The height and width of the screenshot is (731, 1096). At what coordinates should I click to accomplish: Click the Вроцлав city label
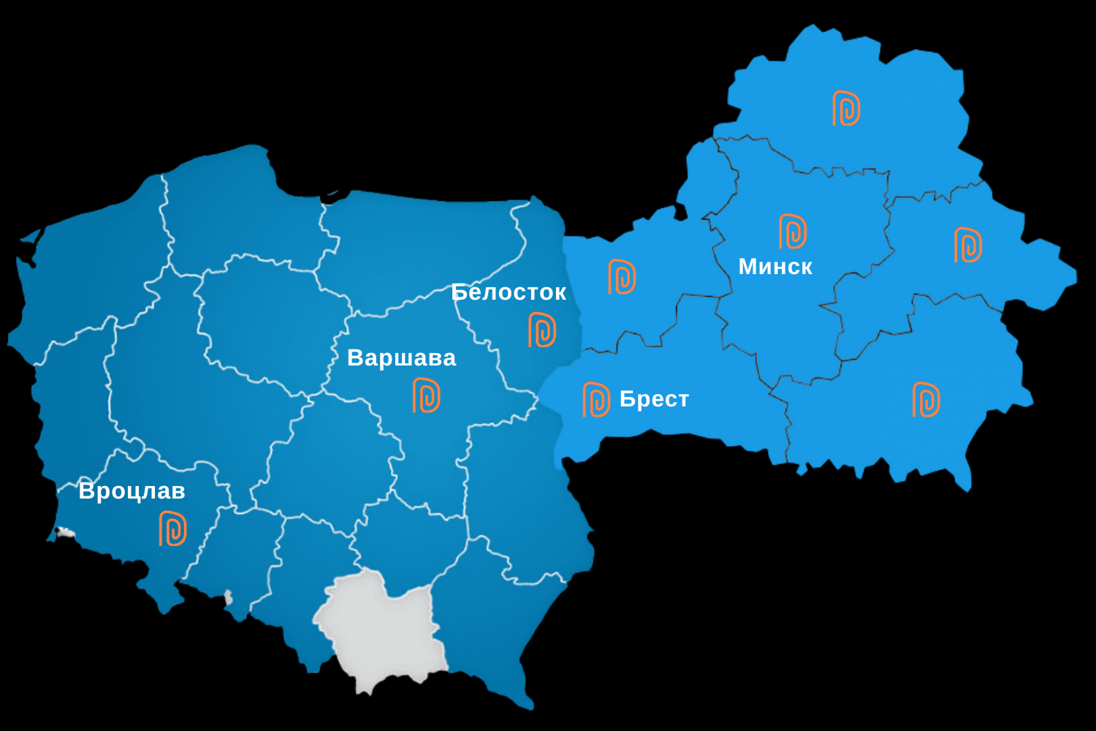(x=132, y=491)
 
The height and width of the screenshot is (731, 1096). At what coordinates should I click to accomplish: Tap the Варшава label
(x=401, y=357)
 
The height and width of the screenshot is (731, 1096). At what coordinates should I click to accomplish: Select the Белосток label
(x=509, y=292)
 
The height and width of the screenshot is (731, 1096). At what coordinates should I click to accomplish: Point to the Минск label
(x=775, y=266)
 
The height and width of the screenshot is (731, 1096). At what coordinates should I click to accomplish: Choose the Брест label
(x=654, y=399)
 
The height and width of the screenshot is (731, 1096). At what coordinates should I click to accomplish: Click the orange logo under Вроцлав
(x=173, y=529)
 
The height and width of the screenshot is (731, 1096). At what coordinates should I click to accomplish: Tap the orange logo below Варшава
(x=427, y=395)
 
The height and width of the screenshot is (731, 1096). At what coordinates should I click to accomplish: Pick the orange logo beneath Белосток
(x=542, y=330)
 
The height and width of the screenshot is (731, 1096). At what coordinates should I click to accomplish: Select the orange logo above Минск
(x=793, y=231)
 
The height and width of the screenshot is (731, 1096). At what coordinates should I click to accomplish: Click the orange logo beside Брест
(x=596, y=399)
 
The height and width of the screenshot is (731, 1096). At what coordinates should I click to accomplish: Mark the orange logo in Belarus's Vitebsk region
(x=846, y=108)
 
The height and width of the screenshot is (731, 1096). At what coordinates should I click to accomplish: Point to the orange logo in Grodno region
(x=622, y=276)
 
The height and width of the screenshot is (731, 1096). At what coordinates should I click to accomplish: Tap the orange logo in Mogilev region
(x=968, y=245)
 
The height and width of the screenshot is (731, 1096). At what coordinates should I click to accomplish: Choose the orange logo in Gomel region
(x=926, y=399)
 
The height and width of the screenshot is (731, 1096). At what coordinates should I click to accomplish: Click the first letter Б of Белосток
(x=459, y=292)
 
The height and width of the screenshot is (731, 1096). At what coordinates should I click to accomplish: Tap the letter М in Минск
(x=747, y=266)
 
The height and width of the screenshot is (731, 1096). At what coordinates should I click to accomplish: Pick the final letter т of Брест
(x=682, y=400)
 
